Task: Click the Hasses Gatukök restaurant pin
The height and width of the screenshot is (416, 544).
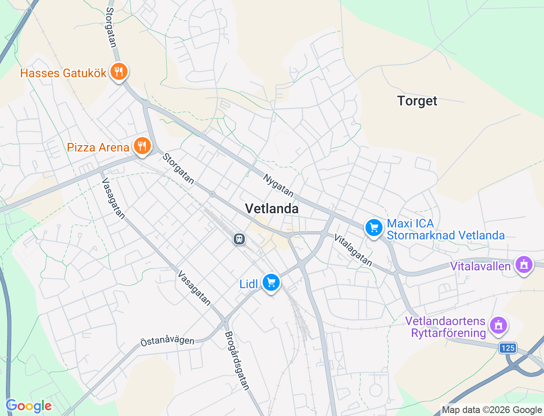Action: tap(119, 72)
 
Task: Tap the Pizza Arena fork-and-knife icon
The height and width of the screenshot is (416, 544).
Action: tap(142, 146)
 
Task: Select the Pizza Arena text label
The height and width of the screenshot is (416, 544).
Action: tap(98, 147)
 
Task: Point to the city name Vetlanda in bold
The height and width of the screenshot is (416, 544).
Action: tap(272, 208)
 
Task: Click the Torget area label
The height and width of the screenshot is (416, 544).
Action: tap(417, 101)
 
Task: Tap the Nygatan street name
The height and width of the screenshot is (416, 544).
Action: tap(278, 186)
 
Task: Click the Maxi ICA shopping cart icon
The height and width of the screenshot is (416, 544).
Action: tap(374, 228)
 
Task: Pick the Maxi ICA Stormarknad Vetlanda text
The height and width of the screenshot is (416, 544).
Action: tap(445, 230)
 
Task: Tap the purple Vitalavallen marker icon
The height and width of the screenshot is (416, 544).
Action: tap(524, 265)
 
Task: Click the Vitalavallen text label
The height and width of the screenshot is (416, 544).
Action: tap(480, 266)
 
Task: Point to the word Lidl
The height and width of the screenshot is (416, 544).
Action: tap(249, 284)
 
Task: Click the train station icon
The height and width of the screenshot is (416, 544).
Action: tap(239, 239)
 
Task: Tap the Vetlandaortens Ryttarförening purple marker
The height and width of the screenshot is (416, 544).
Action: tap(499, 326)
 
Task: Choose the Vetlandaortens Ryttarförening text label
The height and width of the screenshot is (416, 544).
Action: tap(445, 327)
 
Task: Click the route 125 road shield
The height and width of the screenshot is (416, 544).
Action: tap(508, 348)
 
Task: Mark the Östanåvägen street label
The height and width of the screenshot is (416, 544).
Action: tap(167, 340)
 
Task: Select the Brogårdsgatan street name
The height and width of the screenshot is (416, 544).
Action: tap(237, 360)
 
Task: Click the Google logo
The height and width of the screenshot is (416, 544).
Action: tap(28, 406)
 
